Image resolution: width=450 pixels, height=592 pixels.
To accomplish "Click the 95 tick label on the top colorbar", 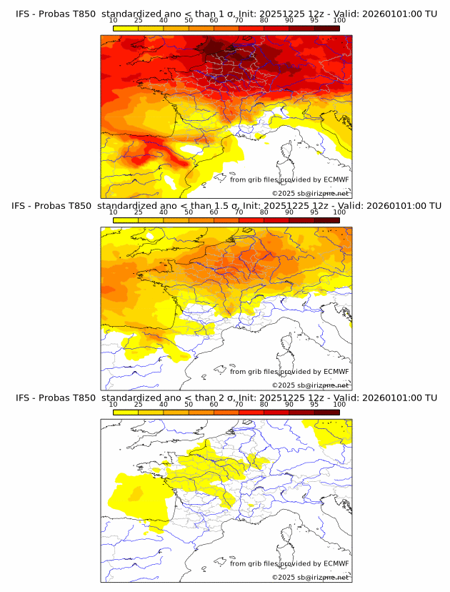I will click(314, 20).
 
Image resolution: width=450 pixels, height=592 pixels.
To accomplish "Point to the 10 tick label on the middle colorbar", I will click(114, 212).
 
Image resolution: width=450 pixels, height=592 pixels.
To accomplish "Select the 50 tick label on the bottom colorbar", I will click(189, 404).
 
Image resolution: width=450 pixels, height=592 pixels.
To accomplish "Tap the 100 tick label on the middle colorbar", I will click(339, 212).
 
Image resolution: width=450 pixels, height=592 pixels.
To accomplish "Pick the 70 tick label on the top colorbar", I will click(239, 20).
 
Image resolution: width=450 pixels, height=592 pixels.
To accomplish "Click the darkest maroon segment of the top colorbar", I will click(326, 28).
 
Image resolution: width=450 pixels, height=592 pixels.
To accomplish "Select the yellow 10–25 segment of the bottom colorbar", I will click(126, 412).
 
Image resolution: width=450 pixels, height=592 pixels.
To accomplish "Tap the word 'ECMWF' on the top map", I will click(336, 180).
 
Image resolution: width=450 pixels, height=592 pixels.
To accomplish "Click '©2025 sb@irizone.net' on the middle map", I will click(311, 385).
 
